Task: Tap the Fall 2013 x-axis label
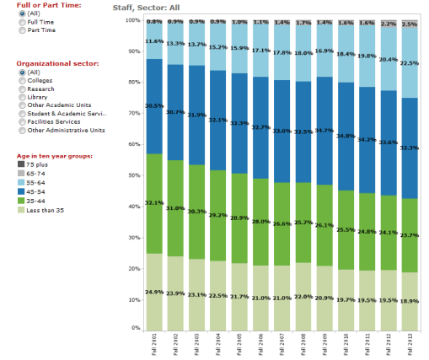point(409,342)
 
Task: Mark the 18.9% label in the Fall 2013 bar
point(409,300)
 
